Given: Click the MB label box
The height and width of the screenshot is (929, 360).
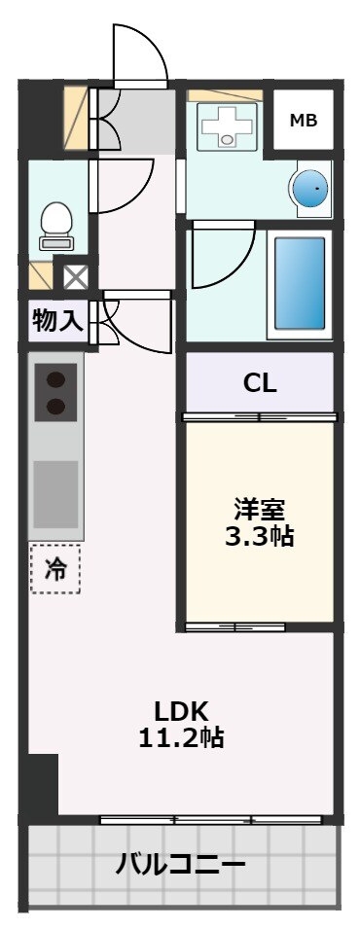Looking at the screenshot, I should pyautogui.click(x=304, y=120).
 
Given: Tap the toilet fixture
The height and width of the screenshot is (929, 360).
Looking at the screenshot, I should pyautogui.click(x=55, y=225).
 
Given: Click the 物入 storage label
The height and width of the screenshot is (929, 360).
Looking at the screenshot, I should pyautogui.click(x=57, y=320).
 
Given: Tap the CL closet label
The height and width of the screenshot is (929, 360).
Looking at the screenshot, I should pyautogui.click(x=260, y=382).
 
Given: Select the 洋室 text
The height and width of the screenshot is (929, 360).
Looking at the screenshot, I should pyautogui.click(x=258, y=509).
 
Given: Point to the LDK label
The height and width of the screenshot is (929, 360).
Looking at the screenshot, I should pyautogui.click(x=182, y=709).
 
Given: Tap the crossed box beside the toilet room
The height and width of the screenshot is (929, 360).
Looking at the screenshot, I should pyautogui.click(x=75, y=277).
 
